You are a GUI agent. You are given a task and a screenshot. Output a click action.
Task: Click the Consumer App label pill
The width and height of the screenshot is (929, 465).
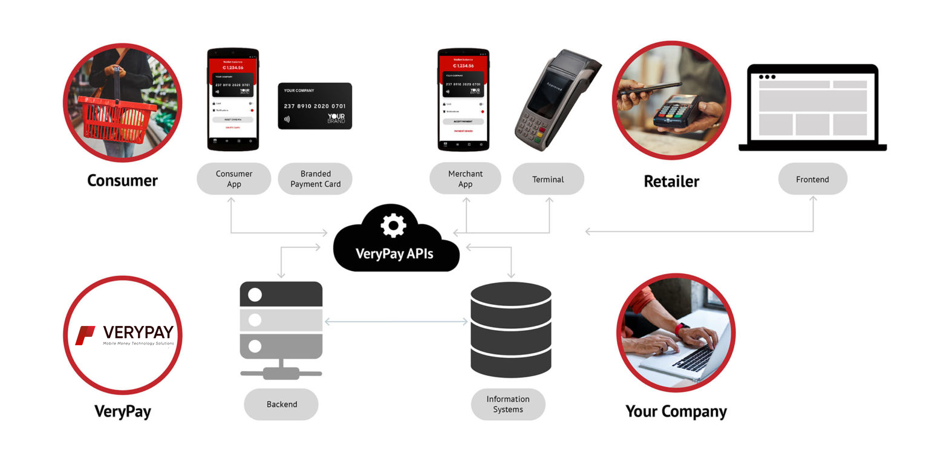pyautogui.click(x=233, y=178)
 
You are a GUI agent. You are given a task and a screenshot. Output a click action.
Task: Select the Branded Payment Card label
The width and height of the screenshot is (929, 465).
pyautogui.click(x=315, y=178)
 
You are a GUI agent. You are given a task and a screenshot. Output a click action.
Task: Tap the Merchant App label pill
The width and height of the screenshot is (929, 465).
pyautogui.click(x=465, y=178)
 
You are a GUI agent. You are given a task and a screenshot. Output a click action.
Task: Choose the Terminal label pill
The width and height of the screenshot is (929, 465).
pyautogui.click(x=548, y=179)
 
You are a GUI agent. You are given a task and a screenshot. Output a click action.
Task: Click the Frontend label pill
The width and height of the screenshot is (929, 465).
pyautogui.click(x=812, y=179)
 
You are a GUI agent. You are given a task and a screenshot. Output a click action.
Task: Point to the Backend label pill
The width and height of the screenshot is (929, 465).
pyautogui.click(x=281, y=404)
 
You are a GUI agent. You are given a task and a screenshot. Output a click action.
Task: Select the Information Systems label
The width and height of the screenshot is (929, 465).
pyautogui.click(x=508, y=404)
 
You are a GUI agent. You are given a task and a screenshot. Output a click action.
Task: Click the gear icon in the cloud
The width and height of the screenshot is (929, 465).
pyautogui.click(x=393, y=225)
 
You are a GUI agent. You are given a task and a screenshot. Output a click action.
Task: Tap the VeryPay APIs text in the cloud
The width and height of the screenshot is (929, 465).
pyautogui.click(x=396, y=253)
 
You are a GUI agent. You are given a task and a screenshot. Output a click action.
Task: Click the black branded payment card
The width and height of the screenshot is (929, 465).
pyautogui.click(x=315, y=106)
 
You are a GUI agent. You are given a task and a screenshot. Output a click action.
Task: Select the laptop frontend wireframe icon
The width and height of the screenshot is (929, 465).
pyautogui.click(x=812, y=108)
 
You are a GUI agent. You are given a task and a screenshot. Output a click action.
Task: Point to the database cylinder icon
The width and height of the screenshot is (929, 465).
pyautogui.click(x=511, y=329)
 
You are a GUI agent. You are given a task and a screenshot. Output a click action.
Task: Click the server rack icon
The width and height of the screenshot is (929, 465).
pyautogui.click(x=281, y=327)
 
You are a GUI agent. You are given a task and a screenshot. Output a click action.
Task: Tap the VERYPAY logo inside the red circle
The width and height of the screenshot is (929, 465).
pyautogui.click(x=124, y=334)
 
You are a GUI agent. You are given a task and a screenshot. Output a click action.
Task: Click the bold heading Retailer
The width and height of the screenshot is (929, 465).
pyautogui.click(x=671, y=181)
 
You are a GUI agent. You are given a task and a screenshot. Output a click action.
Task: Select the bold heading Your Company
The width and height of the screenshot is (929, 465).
pyautogui.click(x=676, y=411)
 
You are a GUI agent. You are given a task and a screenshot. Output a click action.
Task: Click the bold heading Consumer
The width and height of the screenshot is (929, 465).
pyautogui.click(x=122, y=180)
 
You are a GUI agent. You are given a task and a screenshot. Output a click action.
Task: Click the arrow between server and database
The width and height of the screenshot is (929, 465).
pyautogui.click(x=396, y=322)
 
